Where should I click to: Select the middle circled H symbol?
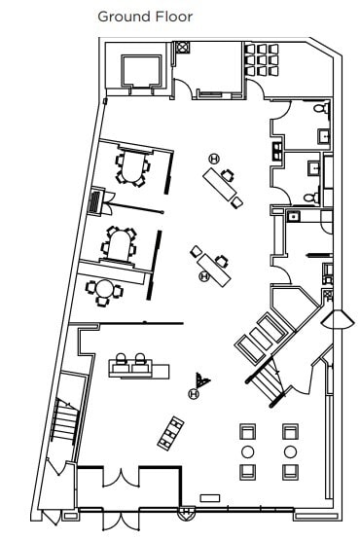pos(204,276)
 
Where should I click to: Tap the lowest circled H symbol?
pos(194,394)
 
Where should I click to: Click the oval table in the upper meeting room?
pos(130,167)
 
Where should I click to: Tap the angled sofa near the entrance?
pos(173,431)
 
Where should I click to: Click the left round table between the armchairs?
pos(248,452)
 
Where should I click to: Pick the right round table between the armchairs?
pos(290,452)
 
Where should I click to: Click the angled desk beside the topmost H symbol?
pos(224,186)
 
